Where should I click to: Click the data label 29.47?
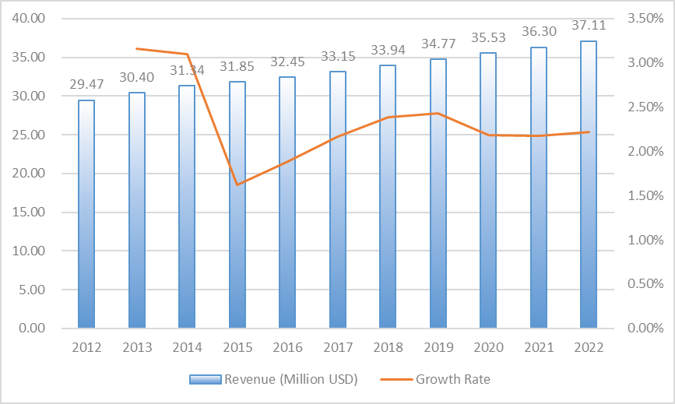click(86, 85)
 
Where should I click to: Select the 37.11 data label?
click(589, 26)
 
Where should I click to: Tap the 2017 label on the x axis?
click(337, 348)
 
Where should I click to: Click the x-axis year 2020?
click(488, 348)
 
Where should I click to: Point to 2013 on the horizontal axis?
click(136, 348)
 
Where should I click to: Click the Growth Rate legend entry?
click(452, 380)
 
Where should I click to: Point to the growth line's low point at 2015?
click(237, 184)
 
